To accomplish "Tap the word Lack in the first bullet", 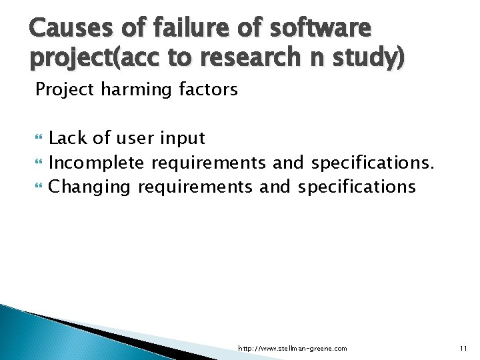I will [68, 138].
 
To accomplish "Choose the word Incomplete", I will [98, 163].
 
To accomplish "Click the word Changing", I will [90, 187].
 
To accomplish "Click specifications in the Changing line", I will [357, 187].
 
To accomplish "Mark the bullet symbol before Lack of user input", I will [39, 139].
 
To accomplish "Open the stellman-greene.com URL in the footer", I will [293, 348].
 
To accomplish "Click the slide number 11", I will [463, 348].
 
